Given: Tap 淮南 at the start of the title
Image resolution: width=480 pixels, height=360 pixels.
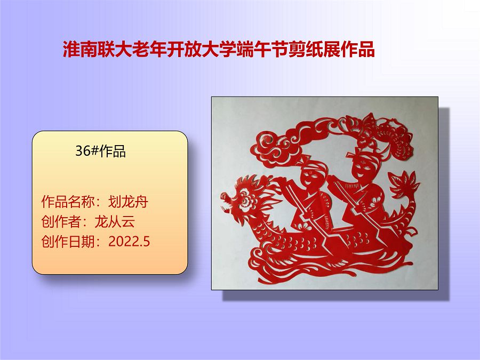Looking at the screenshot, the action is pyautogui.click(x=80, y=49).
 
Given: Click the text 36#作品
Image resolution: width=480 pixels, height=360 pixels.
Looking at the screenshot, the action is pyautogui.click(x=101, y=151).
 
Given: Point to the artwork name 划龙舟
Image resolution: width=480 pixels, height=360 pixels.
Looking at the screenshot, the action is pyautogui.click(x=128, y=202).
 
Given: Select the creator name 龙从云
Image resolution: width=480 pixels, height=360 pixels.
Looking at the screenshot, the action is pyautogui.click(x=115, y=221).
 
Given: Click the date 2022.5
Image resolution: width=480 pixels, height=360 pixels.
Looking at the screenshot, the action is pyautogui.click(x=129, y=242).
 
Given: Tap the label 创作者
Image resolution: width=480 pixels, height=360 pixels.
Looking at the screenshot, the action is pyautogui.click(x=61, y=221).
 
